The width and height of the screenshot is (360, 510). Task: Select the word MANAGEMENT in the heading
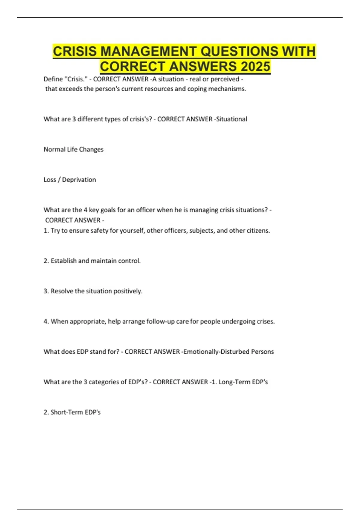(x=148, y=51)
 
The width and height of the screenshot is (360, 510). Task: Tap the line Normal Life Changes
(x=73, y=149)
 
